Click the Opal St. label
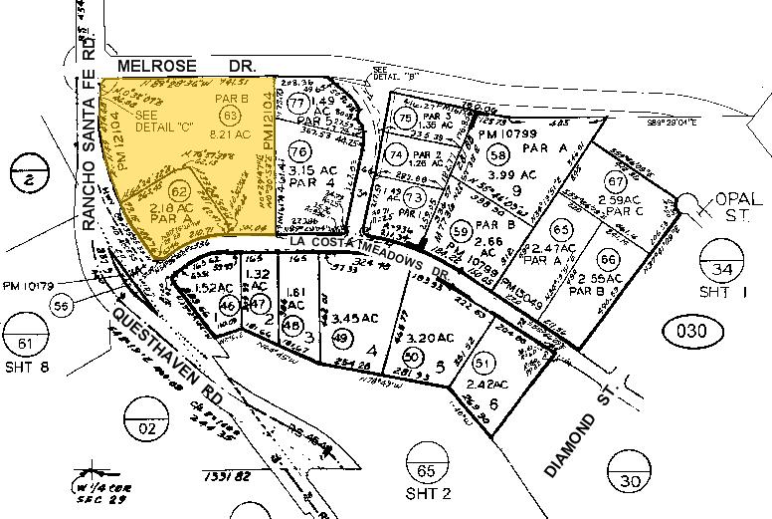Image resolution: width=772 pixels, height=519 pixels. pyautogui.click(x=735, y=210)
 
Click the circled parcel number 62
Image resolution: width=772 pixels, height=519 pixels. pyautogui.click(x=180, y=189)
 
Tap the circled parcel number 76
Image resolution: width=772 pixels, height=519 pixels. pyautogui.click(x=299, y=151)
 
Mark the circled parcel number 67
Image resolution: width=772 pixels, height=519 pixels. pyautogui.click(x=617, y=182)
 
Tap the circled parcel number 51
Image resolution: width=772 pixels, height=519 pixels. pyautogui.click(x=484, y=363)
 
